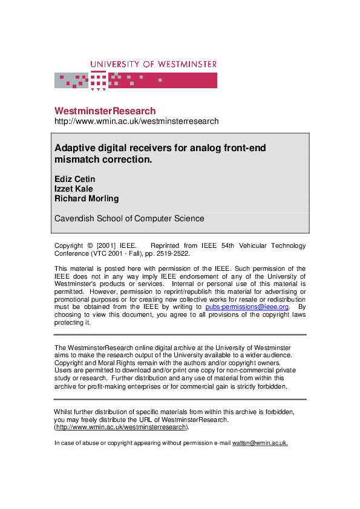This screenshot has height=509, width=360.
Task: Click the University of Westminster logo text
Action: pyautogui.click(x=153, y=64)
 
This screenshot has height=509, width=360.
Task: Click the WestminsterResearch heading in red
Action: pyautogui.click(x=105, y=111)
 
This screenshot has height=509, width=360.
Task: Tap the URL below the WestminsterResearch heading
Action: pyautogui.click(x=136, y=121)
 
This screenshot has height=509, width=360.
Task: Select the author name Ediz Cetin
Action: pyautogui.click(x=74, y=179)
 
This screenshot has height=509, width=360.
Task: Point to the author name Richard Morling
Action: pyautogui.click(x=87, y=198)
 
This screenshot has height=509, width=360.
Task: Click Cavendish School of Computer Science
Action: pyautogui.click(x=129, y=218)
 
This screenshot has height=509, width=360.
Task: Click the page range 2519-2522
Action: pyautogui.click(x=172, y=254)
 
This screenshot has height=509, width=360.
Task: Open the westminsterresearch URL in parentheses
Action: pyautogui.click(x=121, y=427)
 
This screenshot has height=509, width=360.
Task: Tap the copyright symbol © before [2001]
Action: pyautogui.click(x=90, y=246)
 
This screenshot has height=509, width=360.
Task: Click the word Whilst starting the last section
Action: pyautogui.click(x=65, y=412)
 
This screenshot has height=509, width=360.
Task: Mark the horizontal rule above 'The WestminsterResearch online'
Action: pyautogui.click(x=180, y=334)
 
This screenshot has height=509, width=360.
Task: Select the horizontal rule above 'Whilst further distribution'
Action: pyautogui.click(x=180, y=399)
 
